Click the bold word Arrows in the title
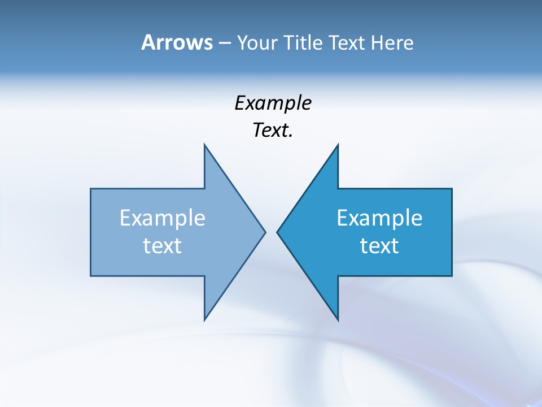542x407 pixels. tap(176, 42)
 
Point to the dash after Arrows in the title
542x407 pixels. tap(224, 43)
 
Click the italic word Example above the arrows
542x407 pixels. tap(273, 103)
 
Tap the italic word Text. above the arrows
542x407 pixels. tap(273, 131)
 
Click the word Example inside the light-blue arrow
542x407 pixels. tap(163, 218)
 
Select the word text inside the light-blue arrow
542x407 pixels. tap(163, 246)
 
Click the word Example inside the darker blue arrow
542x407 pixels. tap(379, 218)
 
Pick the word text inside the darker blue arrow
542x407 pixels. tap(379, 246)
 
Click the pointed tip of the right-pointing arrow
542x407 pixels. tap(265, 232)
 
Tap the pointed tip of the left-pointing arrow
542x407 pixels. tap(277, 232)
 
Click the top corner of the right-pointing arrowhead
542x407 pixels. tap(204, 145)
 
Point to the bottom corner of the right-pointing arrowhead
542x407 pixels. tap(204, 319)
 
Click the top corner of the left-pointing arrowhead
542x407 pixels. tap(338, 145)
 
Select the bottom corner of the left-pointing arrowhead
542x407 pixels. tap(338, 319)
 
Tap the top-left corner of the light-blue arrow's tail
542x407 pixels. tap(91, 189)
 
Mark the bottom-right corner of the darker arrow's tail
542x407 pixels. tap(452, 276)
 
